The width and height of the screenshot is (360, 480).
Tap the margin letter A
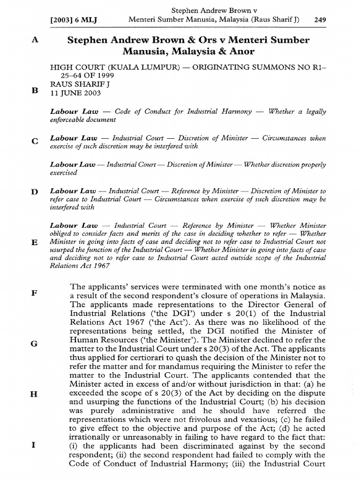tap(34, 40)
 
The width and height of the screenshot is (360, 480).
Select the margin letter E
tap(34, 242)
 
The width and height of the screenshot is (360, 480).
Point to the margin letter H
tap(34, 394)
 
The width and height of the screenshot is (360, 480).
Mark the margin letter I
tap(34, 445)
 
